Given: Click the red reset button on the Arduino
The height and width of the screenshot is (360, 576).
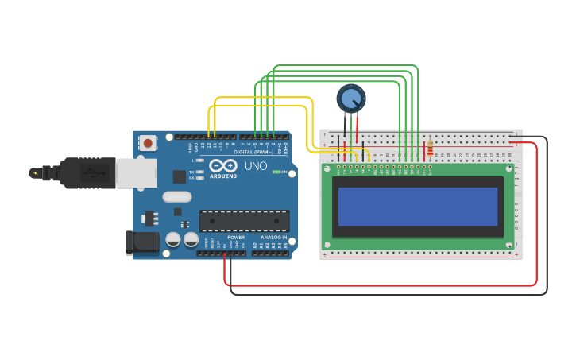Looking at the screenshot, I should [148, 143].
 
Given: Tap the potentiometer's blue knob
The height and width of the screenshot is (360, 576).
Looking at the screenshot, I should [350, 99].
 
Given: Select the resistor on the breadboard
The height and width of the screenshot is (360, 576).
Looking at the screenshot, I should [431, 149].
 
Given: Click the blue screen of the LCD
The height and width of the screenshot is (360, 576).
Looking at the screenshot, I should [418, 207].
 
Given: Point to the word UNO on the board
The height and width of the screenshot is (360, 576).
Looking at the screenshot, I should [256, 167].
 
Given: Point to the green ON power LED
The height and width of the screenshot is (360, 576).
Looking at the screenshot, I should [276, 172].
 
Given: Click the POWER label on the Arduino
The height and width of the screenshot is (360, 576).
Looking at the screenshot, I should [236, 237].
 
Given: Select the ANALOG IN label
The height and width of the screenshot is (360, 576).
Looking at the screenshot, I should [271, 237].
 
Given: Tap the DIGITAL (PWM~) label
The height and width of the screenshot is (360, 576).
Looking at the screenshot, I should [253, 151].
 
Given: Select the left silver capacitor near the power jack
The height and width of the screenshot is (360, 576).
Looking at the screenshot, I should [173, 238].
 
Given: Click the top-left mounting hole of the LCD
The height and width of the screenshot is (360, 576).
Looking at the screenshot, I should [327, 168].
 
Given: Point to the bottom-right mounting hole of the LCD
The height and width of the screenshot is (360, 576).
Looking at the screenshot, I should [509, 244].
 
